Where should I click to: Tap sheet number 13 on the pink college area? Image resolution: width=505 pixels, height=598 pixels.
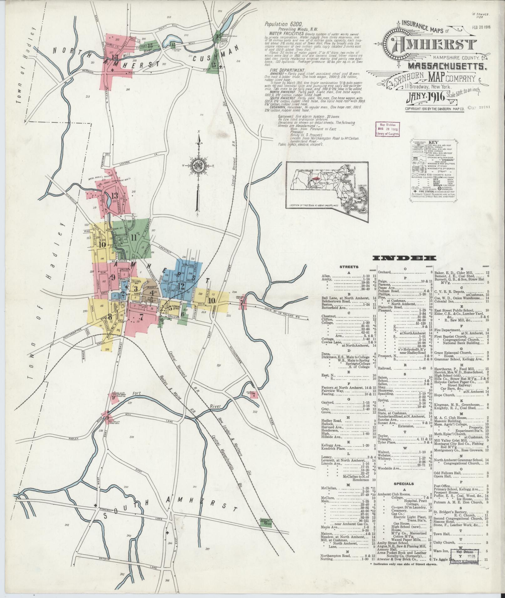click(x=114, y=196)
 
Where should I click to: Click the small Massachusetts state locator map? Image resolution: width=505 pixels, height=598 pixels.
click(x=327, y=191)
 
